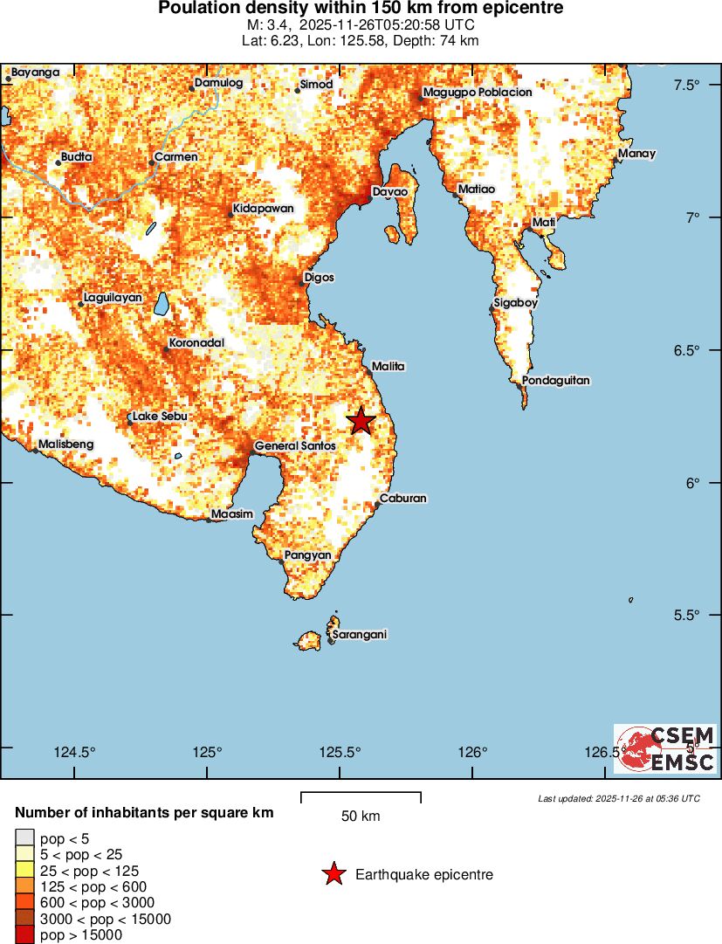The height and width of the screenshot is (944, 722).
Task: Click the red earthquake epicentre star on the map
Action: (x=361, y=421)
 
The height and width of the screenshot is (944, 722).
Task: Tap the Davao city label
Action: (x=389, y=191)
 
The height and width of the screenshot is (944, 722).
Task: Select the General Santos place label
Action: (x=294, y=446)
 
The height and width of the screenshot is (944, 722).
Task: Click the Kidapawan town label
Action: (x=263, y=209)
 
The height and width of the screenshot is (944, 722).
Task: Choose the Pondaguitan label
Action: (x=556, y=381)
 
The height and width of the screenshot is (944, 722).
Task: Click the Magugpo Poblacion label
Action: (x=477, y=93)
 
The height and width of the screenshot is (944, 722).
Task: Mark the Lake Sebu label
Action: (x=160, y=417)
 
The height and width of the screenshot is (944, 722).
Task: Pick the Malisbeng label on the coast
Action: (x=65, y=444)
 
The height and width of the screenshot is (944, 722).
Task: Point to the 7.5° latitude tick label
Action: (x=687, y=85)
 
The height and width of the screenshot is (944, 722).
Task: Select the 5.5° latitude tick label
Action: (x=687, y=616)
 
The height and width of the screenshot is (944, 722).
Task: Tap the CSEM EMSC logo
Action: (x=665, y=748)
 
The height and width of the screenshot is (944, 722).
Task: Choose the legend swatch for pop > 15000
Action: (x=24, y=934)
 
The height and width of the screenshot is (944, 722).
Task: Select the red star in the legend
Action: (x=333, y=873)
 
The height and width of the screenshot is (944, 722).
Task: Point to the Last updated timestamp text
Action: (x=618, y=798)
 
